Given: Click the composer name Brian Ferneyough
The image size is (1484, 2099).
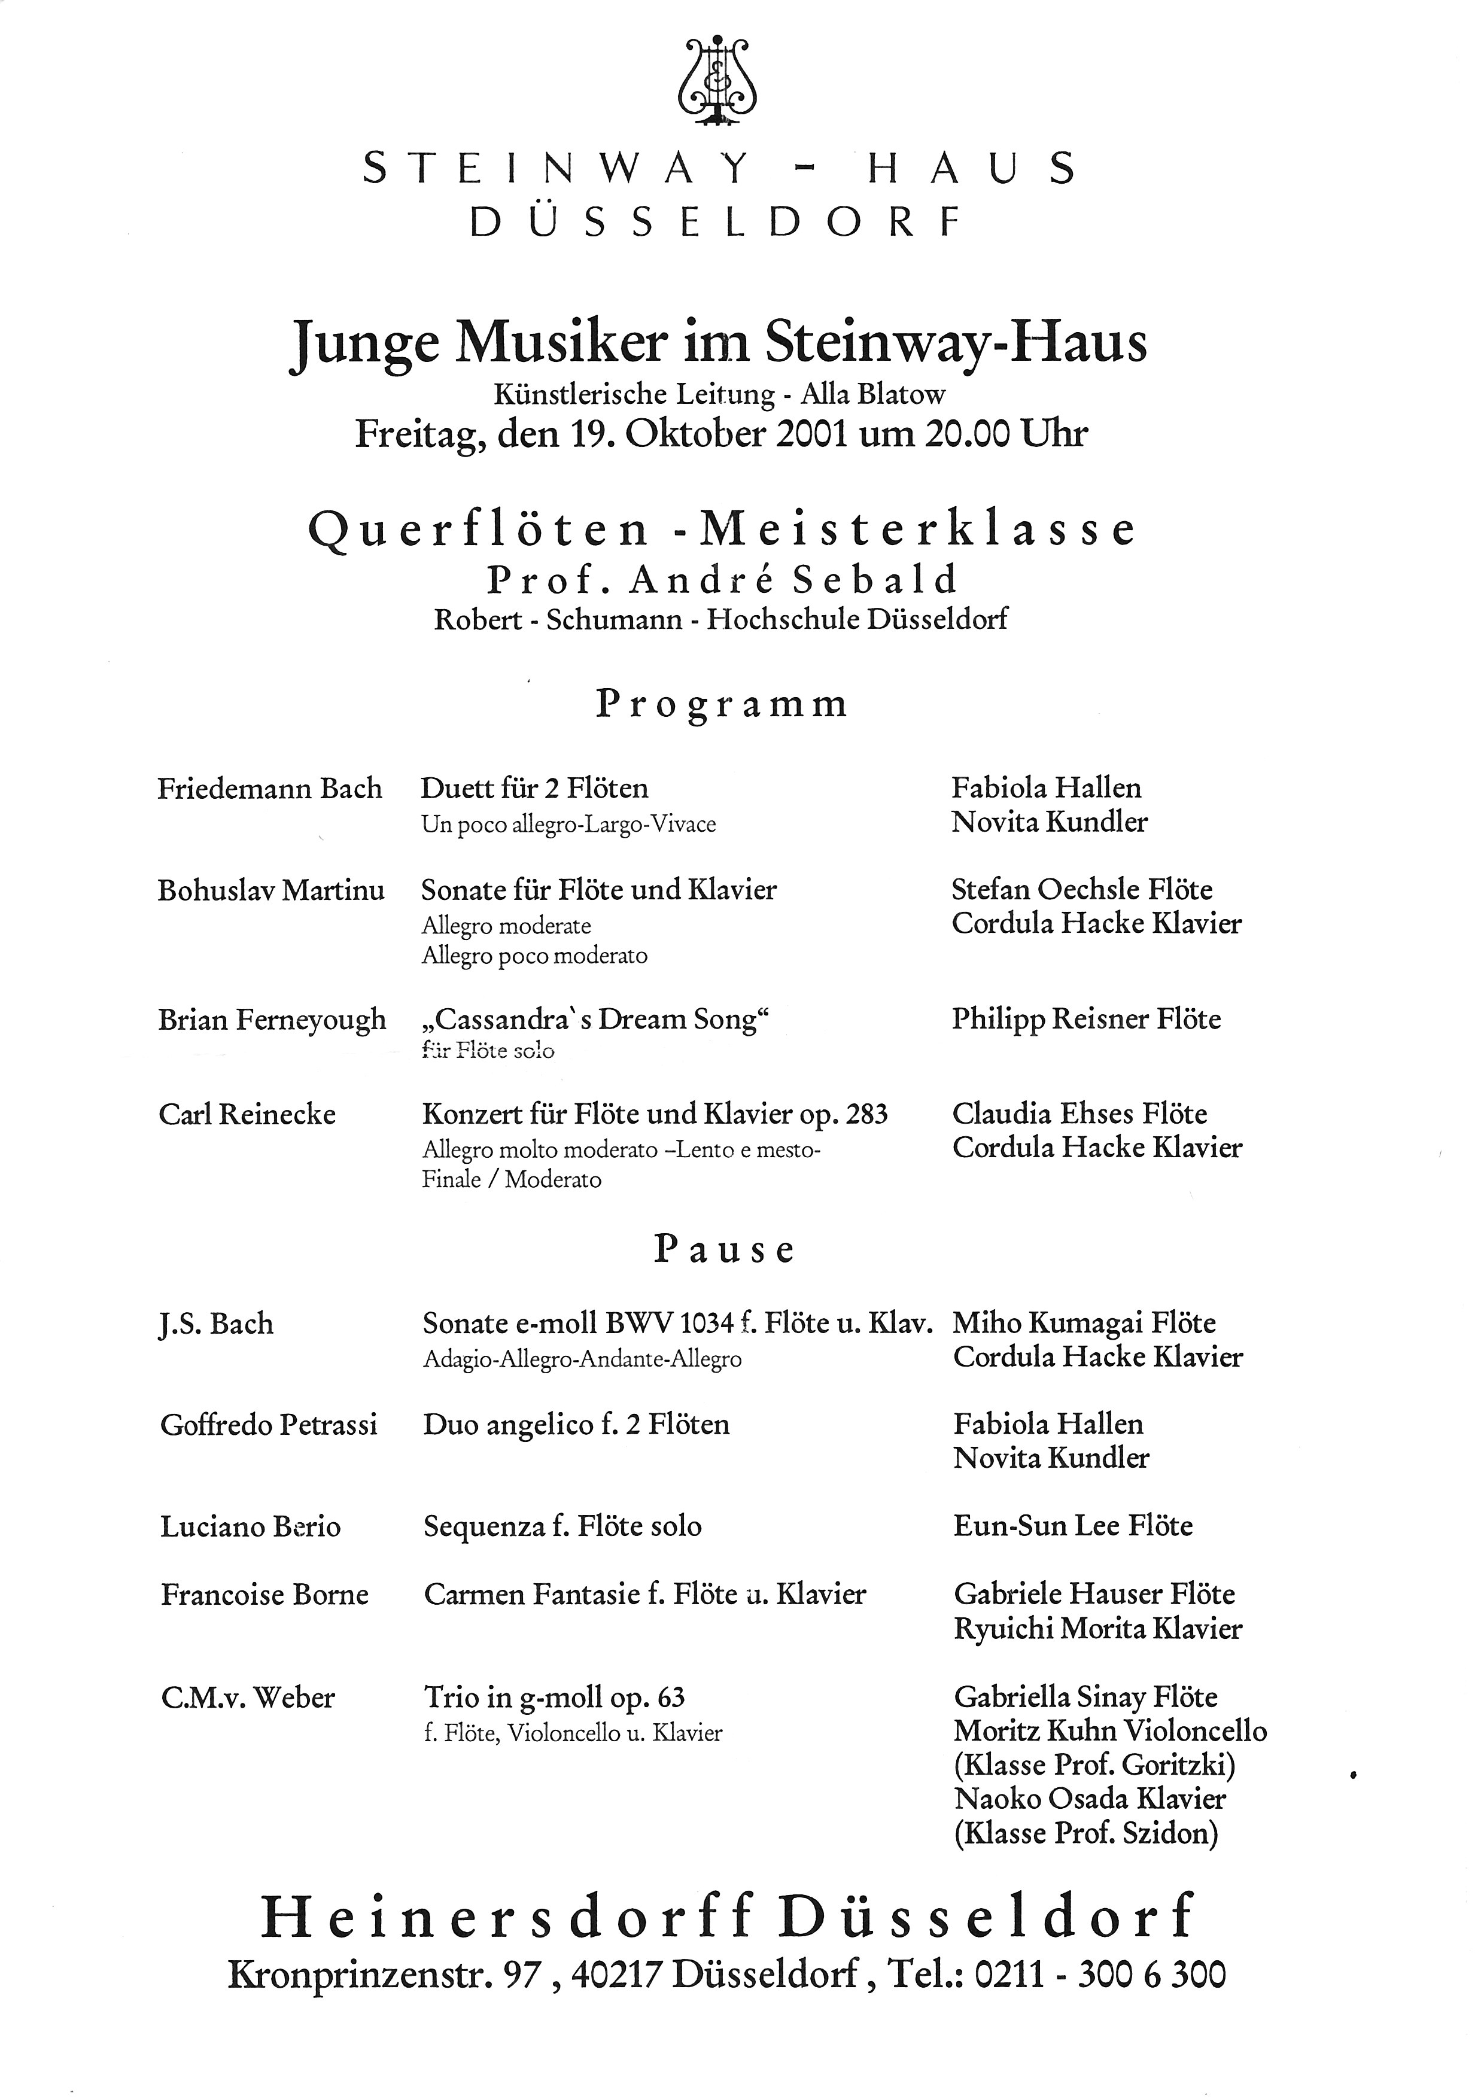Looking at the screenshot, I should coord(272,1020).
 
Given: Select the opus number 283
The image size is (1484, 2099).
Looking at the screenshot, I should coord(868,1114).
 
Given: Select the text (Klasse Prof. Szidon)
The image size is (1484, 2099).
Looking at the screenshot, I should coord(1085,1833).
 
